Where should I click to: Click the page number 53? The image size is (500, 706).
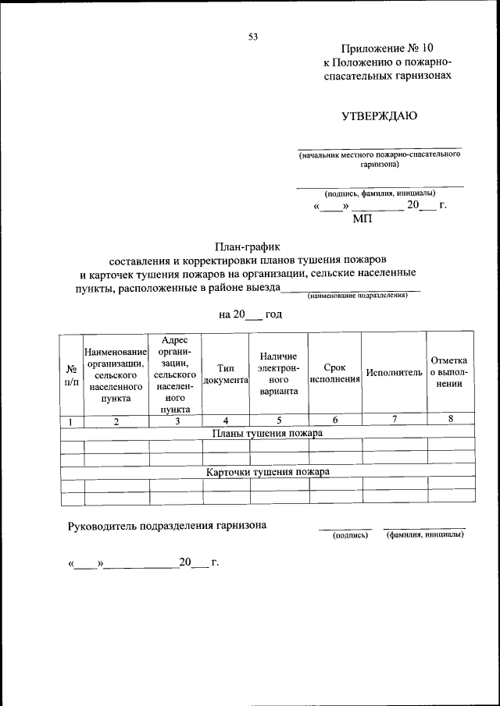tap(252, 36)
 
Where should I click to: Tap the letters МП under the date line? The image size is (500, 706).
tap(363, 219)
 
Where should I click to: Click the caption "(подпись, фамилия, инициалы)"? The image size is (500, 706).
tap(380, 193)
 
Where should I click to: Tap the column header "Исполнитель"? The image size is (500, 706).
tap(394, 373)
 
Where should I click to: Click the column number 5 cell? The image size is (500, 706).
tap(279, 420)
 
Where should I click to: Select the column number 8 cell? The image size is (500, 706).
tap(450, 419)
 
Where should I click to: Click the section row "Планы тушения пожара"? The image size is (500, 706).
tap(267, 431)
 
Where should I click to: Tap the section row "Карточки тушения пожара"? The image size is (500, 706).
tap(267, 472)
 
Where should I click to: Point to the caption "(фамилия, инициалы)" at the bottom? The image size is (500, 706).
tap(424, 535)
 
